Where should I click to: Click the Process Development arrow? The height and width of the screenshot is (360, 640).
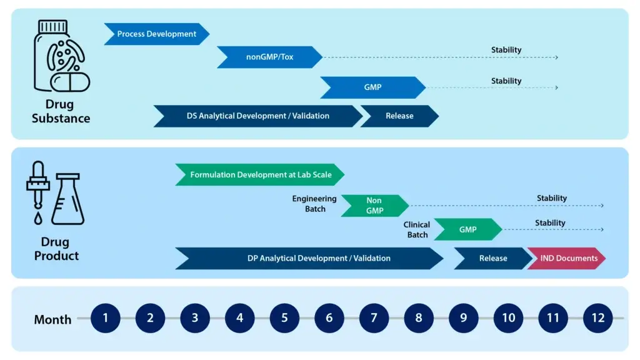click(156, 34)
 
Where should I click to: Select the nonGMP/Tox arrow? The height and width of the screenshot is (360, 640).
click(269, 57)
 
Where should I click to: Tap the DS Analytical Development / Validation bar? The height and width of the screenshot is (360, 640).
click(257, 116)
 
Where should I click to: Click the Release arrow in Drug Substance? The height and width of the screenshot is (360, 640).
click(399, 116)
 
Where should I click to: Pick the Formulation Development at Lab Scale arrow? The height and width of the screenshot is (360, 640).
click(260, 175)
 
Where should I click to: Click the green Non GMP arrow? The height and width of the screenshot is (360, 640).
click(374, 206)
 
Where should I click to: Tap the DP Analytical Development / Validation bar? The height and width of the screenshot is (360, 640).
click(309, 258)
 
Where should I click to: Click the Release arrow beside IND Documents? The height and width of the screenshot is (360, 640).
click(492, 258)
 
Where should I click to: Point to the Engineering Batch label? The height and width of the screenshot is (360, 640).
click(314, 204)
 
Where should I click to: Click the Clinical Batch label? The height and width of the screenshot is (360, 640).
click(417, 229)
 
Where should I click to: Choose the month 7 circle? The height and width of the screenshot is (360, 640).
click(374, 318)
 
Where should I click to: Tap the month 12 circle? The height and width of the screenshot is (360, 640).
click(598, 318)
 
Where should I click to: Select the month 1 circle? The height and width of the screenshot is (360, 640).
click(105, 318)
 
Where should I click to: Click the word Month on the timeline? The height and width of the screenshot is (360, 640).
click(52, 319)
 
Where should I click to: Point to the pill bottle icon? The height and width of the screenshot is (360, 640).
click(61, 56)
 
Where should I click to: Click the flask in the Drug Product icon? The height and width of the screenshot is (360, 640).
click(67, 199)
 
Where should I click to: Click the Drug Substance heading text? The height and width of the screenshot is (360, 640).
click(61, 111)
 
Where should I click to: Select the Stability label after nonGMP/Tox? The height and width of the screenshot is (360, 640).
click(506, 50)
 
